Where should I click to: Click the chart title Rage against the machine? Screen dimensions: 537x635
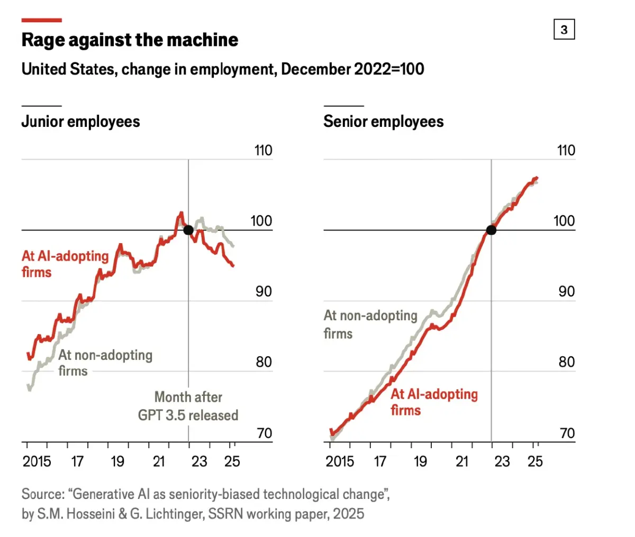coord(130,40)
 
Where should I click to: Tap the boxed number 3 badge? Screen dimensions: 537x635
coord(564,30)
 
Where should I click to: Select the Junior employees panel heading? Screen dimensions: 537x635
coord(80,122)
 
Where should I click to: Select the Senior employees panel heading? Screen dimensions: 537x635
coord(384,122)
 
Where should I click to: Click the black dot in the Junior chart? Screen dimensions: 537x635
coord(188,230)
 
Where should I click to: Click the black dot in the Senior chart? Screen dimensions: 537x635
coord(491,230)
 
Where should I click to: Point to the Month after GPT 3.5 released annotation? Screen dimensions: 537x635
coord(188,406)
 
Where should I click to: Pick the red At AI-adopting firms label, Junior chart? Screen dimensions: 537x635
coord(65,264)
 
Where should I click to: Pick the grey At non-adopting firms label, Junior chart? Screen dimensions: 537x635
coord(105,363)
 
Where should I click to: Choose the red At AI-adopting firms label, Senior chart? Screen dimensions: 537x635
coord(434,402)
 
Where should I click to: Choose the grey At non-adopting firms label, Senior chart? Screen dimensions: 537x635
coord(370,324)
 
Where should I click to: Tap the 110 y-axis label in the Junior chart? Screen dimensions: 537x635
coord(263,151)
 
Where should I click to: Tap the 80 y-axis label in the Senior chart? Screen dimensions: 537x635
coord(566,362)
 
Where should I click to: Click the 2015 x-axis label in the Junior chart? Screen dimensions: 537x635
coord(37,461)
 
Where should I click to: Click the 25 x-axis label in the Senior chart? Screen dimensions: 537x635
coord(535,461)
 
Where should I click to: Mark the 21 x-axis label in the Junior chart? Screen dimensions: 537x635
coord(159,461)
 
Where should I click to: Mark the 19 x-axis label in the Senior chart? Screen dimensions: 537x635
coord(420,461)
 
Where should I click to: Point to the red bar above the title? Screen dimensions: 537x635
coord(42,21)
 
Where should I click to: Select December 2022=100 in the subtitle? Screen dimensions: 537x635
coord(352,69)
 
